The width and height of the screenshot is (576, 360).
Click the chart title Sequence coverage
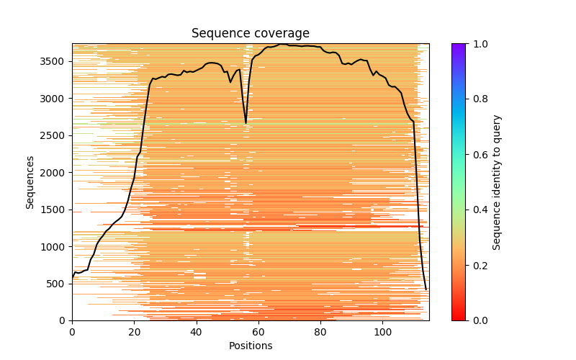pyautogui.click(x=250, y=33)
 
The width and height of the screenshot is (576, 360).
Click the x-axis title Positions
pyautogui.click(x=250, y=346)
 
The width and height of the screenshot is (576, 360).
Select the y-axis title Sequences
pyautogui.click(x=30, y=181)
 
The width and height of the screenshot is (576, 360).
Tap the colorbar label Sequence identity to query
pyautogui.click(x=497, y=182)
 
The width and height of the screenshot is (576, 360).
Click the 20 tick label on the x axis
pyautogui.click(x=134, y=332)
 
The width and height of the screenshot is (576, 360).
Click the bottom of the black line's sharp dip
pyautogui.click(x=246, y=123)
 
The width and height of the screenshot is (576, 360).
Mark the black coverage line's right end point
pyautogui.click(x=426, y=289)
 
